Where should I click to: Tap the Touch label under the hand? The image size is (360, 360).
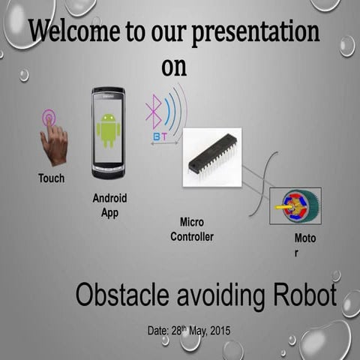coord(51,178)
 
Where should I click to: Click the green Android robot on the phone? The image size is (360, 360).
coord(108,130)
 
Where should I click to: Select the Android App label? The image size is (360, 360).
coord(109,205)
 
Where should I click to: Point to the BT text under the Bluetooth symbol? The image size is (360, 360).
coord(160,136)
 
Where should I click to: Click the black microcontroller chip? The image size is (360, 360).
coord(213,155)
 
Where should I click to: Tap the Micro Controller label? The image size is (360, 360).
coord(192,229)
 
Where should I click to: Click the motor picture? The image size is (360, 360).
coord(295,205)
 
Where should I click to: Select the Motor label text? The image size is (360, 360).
coord(305,245)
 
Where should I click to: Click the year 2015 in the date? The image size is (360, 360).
coord(218,331)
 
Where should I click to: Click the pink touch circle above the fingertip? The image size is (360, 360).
coord(49,116)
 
